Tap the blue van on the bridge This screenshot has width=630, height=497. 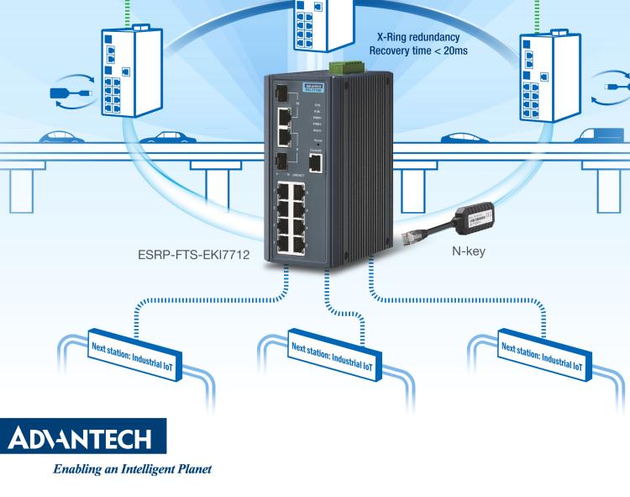(x=606, y=136)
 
